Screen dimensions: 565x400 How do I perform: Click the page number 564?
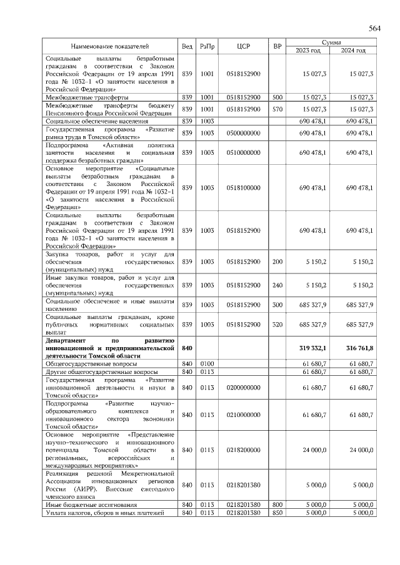click(x=374, y=29)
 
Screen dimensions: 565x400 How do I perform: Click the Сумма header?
click(x=331, y=42)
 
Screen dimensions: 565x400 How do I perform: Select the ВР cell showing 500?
click(x=277, y=97)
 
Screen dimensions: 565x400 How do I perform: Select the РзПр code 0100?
click(x=207, y=363)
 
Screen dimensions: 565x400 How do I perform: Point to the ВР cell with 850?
click(x=277, y=513)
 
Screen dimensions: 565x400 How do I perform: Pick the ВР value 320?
click(x=277, y=325)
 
